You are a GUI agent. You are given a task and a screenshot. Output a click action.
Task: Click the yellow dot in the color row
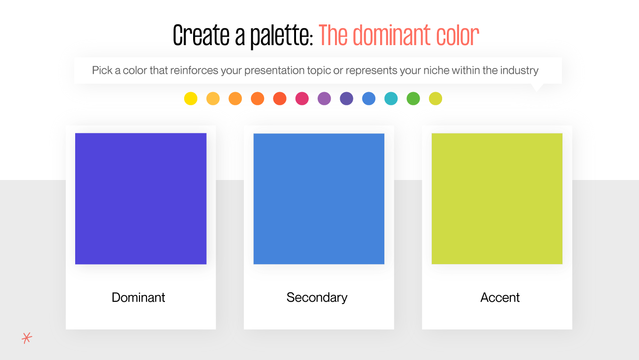191,99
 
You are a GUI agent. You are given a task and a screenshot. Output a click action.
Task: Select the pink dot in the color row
302,99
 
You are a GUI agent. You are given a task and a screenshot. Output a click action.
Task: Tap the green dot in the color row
413,99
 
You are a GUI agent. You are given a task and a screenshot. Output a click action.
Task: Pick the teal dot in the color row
391,99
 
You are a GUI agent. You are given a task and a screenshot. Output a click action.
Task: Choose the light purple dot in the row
324,99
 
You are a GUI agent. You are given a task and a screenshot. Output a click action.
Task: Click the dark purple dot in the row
346,99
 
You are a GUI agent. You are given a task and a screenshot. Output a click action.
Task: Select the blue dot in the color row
369,99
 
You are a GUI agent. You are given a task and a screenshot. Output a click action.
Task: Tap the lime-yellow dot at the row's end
436,99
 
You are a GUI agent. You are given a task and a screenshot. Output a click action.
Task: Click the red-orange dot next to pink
280,99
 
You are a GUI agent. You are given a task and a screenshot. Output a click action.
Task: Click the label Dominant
139,297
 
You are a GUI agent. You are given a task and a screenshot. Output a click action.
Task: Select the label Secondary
317,297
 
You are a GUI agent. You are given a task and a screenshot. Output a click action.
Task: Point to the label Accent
500,297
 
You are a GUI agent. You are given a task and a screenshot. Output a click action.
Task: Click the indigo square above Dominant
141,198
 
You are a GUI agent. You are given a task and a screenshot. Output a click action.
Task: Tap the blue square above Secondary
319,198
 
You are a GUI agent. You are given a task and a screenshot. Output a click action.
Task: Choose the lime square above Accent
497,198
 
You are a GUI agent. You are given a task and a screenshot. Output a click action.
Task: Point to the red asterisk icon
27,338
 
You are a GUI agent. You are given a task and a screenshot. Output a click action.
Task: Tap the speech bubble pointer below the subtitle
537,87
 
